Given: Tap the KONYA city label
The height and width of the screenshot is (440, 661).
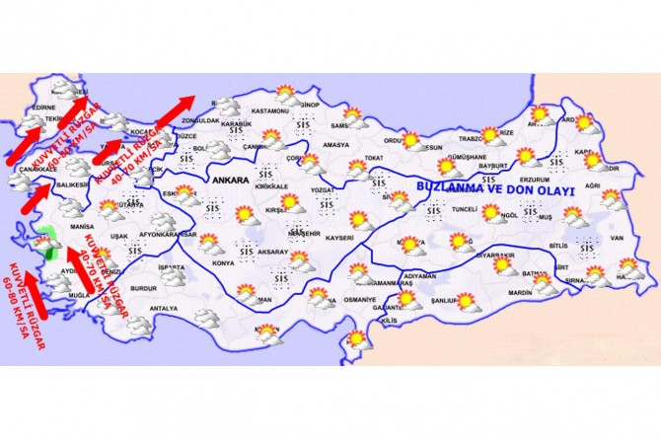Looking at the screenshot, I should coord(223,263).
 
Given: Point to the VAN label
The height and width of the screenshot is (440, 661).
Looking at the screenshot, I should coord(617,238).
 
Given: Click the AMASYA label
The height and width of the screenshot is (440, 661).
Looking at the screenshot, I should coord(336,145).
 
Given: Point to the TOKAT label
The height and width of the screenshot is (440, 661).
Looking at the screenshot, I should coord(373,158).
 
